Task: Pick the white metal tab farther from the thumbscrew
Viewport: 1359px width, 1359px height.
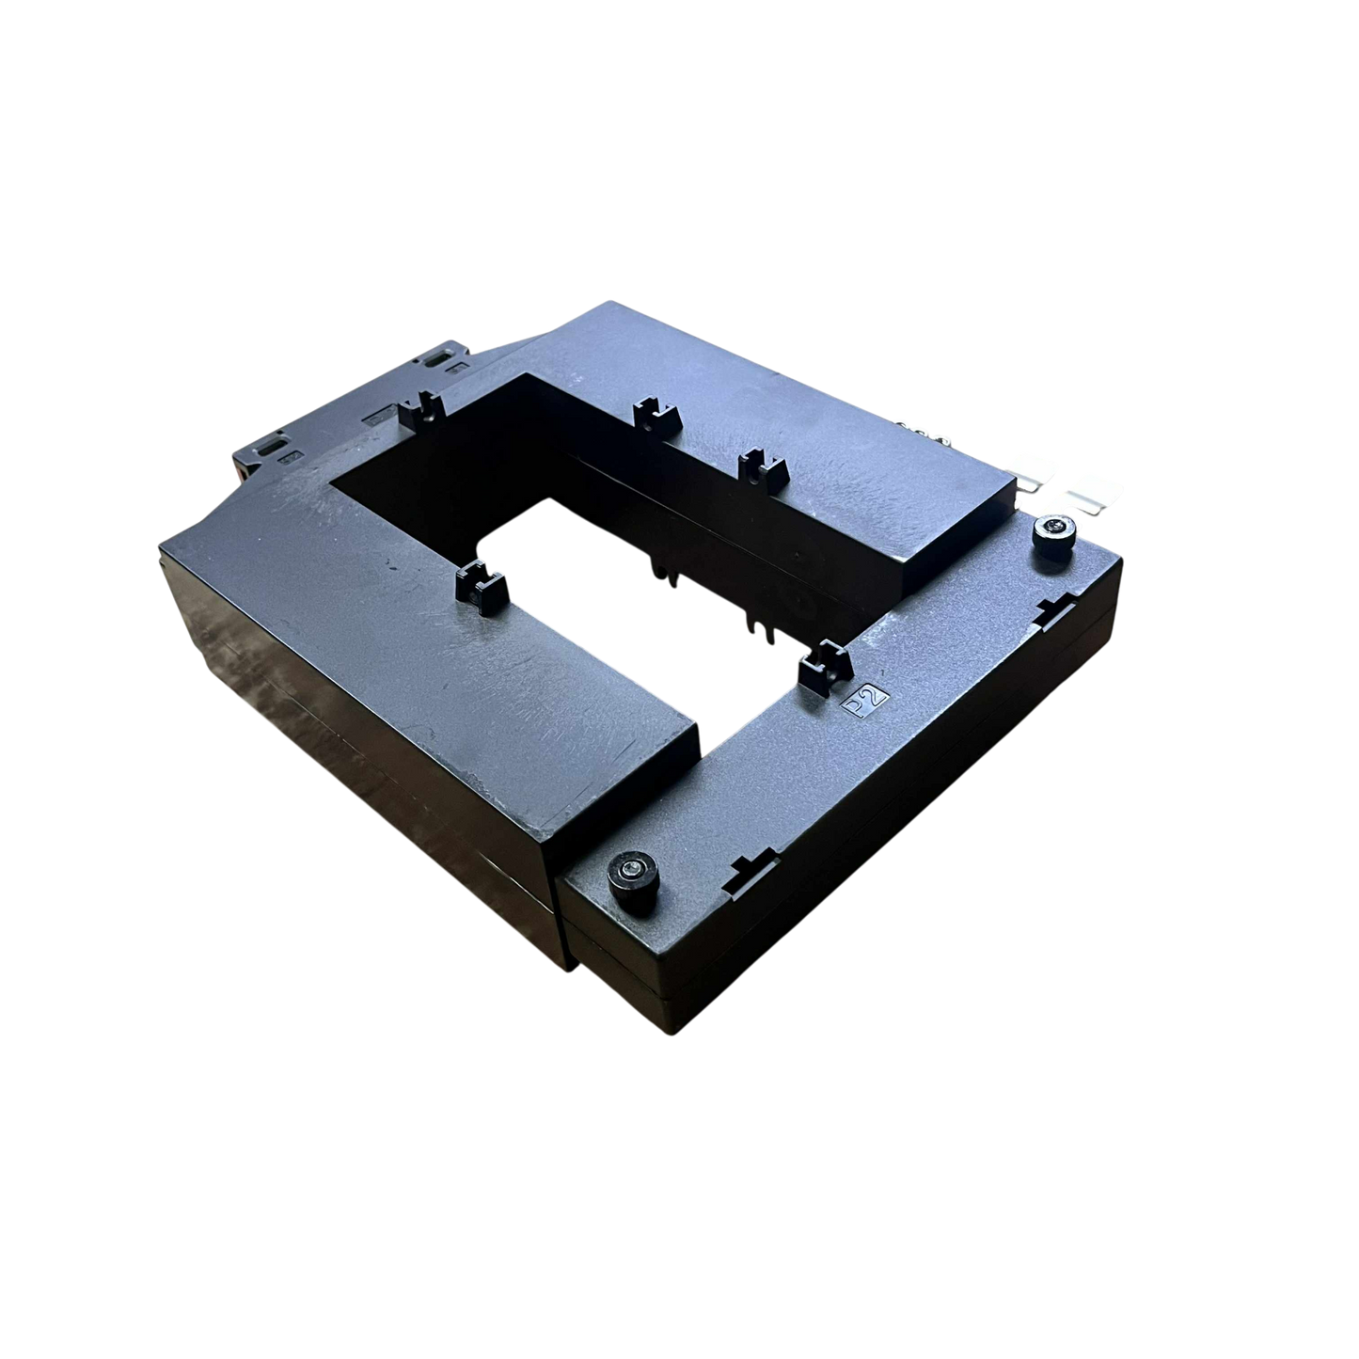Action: point(1032,466)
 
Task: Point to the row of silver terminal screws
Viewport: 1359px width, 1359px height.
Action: point(923,428)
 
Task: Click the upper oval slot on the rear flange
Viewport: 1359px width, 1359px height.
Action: point(437,359)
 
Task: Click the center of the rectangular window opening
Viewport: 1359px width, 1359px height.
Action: point(602,527)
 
